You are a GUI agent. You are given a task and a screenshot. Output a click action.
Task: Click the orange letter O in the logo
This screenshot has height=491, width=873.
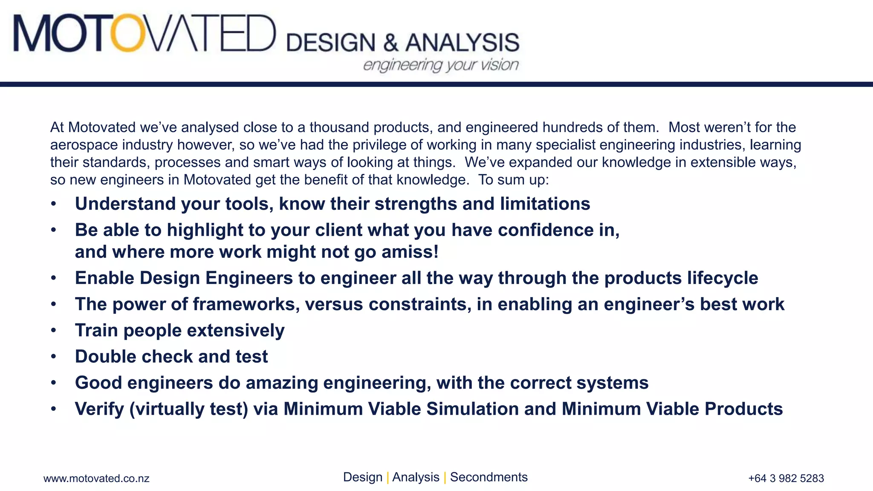point(127,33)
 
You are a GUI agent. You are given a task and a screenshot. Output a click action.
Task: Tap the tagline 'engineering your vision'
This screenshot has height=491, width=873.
point(440,65)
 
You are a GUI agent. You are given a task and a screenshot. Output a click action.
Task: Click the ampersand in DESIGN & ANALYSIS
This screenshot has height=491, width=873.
point(390,43)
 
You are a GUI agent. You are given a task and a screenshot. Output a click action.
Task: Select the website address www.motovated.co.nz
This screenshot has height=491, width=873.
point(96,478)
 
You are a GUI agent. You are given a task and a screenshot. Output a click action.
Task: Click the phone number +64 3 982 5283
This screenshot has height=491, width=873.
point(786,478)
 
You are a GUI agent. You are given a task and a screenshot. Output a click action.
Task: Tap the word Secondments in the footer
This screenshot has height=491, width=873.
point(489,477)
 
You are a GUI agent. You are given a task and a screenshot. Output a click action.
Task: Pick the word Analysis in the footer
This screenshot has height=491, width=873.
point(415,477)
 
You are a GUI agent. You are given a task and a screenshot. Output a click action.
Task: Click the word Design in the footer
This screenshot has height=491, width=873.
point(362,477)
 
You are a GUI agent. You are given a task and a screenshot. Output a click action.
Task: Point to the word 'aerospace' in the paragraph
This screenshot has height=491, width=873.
point(84,145)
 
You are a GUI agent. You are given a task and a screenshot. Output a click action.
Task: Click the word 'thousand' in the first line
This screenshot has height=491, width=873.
point(339,127)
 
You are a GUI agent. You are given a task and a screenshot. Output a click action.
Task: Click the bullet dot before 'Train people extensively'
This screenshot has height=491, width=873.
point(53,331)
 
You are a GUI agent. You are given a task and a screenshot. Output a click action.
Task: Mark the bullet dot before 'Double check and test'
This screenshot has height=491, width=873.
point(53,357)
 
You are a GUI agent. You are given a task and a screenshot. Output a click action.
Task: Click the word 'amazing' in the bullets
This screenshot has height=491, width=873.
point(282,383)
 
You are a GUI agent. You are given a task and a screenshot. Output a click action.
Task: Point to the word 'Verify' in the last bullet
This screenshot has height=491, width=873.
point(99,409)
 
